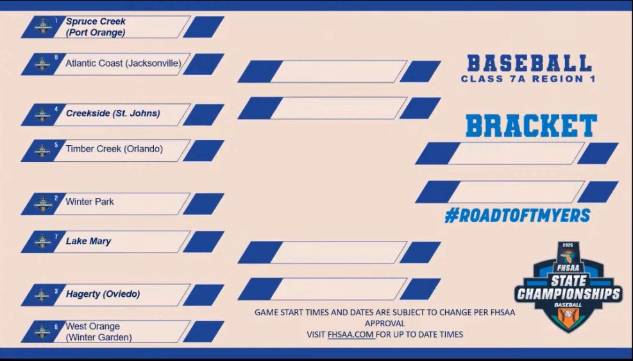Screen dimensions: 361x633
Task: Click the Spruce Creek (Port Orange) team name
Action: click(96, 26)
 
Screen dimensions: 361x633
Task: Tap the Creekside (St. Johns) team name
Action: click(113, 114)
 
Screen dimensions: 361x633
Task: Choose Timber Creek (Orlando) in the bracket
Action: click(114, 149)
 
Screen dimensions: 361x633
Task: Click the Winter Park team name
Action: click(90, 202)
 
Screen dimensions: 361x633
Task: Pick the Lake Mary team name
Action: click(89, 242)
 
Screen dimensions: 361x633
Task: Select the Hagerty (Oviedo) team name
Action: click(103, 294)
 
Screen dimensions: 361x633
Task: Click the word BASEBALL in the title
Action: click(528, 63)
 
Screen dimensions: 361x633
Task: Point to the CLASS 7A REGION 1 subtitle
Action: click(528, 80)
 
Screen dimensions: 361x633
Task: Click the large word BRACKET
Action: click(531, 127)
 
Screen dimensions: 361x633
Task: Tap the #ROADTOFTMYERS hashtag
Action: click(517, 216)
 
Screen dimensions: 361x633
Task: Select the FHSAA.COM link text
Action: click(351, 335)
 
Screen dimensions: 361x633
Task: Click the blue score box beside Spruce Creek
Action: click(204, 27)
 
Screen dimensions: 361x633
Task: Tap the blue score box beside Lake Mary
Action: click(204, 242)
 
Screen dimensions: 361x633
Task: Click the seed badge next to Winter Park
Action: click(42, 203)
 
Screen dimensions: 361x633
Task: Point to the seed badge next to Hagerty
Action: click(42, 295)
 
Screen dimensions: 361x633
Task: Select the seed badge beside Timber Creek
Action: click(42, 150)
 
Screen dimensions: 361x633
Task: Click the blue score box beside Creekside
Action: click(204, 114)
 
